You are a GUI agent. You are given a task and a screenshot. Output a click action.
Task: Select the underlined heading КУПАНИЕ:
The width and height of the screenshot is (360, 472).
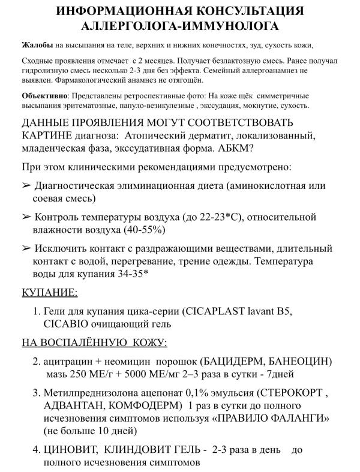click(49, 293)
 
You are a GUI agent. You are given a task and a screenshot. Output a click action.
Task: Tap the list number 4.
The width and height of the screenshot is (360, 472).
click(35, 449)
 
